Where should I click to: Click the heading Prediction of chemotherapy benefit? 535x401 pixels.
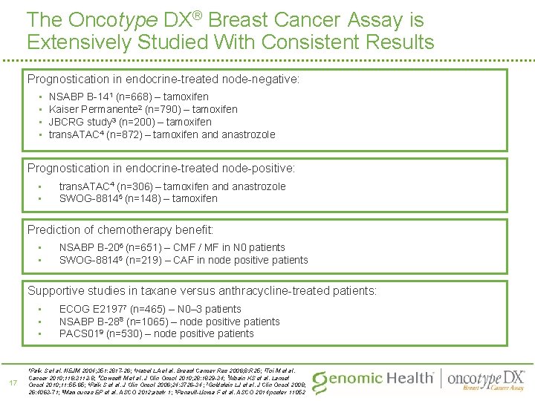(x=120, y=230)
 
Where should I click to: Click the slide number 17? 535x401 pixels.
(x=12, y=382)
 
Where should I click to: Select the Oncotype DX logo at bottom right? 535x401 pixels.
(x=486, y=379)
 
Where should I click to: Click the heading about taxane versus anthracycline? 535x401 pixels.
(x=202, y=290)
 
